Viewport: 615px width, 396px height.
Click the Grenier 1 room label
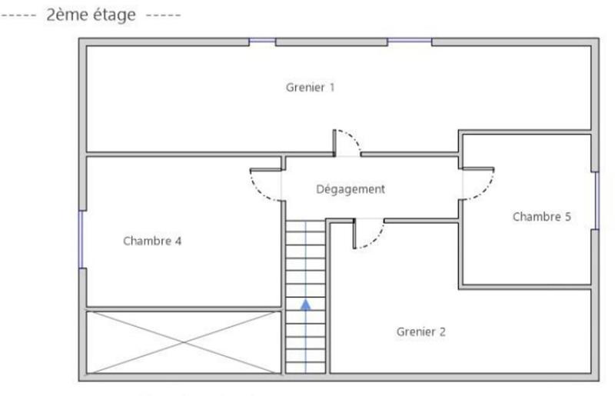click(310, 88)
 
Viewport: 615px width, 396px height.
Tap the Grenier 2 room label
click(421, 332)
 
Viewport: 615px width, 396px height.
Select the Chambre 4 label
click(152, 241)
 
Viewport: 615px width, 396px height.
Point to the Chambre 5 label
click(541, 217)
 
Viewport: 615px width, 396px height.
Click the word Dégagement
click(350, 189)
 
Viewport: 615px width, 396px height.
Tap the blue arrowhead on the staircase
click(306, 304)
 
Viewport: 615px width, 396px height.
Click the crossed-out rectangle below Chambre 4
click(183, 342)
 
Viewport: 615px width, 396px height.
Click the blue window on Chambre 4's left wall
click(81, 239)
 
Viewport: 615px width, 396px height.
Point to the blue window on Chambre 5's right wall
click(596, 200)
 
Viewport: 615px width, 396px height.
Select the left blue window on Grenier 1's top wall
click(262, 41)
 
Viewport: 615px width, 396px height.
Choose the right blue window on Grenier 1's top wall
click(409, 41)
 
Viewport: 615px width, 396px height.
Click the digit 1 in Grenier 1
click(331, 88)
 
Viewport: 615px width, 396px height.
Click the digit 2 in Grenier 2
click(442, 332)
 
